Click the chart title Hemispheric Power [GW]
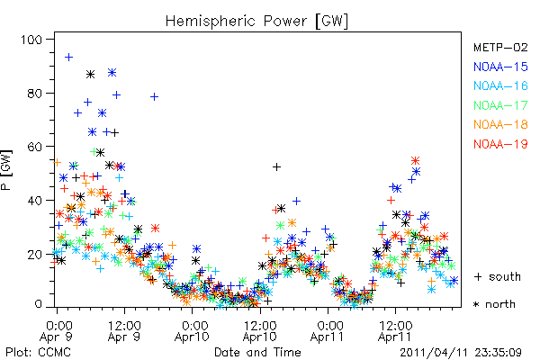click(256, 22)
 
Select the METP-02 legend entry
click(500, 47)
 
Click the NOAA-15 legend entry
click(500, 67)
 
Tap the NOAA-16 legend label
click(500, 85)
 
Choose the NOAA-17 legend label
click(500, 105)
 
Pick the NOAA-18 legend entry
click(500, 124)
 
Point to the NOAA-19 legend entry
click(500, 144)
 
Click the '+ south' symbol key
click(498, 276)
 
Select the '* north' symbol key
click(494, 304)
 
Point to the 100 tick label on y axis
click(31, 40)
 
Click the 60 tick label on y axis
click(35, 147)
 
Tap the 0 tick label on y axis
click(39, 304)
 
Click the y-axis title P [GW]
click(6, 170)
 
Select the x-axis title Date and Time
click(257, 352)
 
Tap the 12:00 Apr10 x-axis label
click(260, 331)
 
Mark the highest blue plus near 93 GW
click(69, 58)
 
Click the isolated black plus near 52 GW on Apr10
click(276, 167)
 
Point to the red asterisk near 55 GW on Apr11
click(415, 161)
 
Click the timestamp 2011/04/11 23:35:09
click(461, 353)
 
